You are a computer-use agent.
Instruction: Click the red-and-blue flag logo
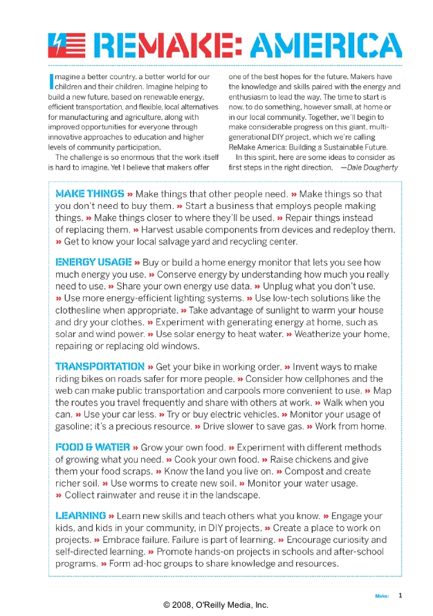[x=66, y=45]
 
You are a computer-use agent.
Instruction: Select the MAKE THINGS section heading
[x=89, y=194]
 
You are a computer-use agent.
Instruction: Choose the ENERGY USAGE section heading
[x=93, y=262]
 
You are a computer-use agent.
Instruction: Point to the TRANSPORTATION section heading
[x=100, y=366]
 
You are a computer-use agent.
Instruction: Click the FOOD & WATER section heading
[x=92, y=447]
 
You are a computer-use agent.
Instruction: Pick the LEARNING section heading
[x=80, y=516]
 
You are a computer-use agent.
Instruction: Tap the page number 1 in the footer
[x=400, y=595]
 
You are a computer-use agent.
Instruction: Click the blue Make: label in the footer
[x=382, y=595]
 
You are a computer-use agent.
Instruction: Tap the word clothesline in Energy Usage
[x=80, y=310]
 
